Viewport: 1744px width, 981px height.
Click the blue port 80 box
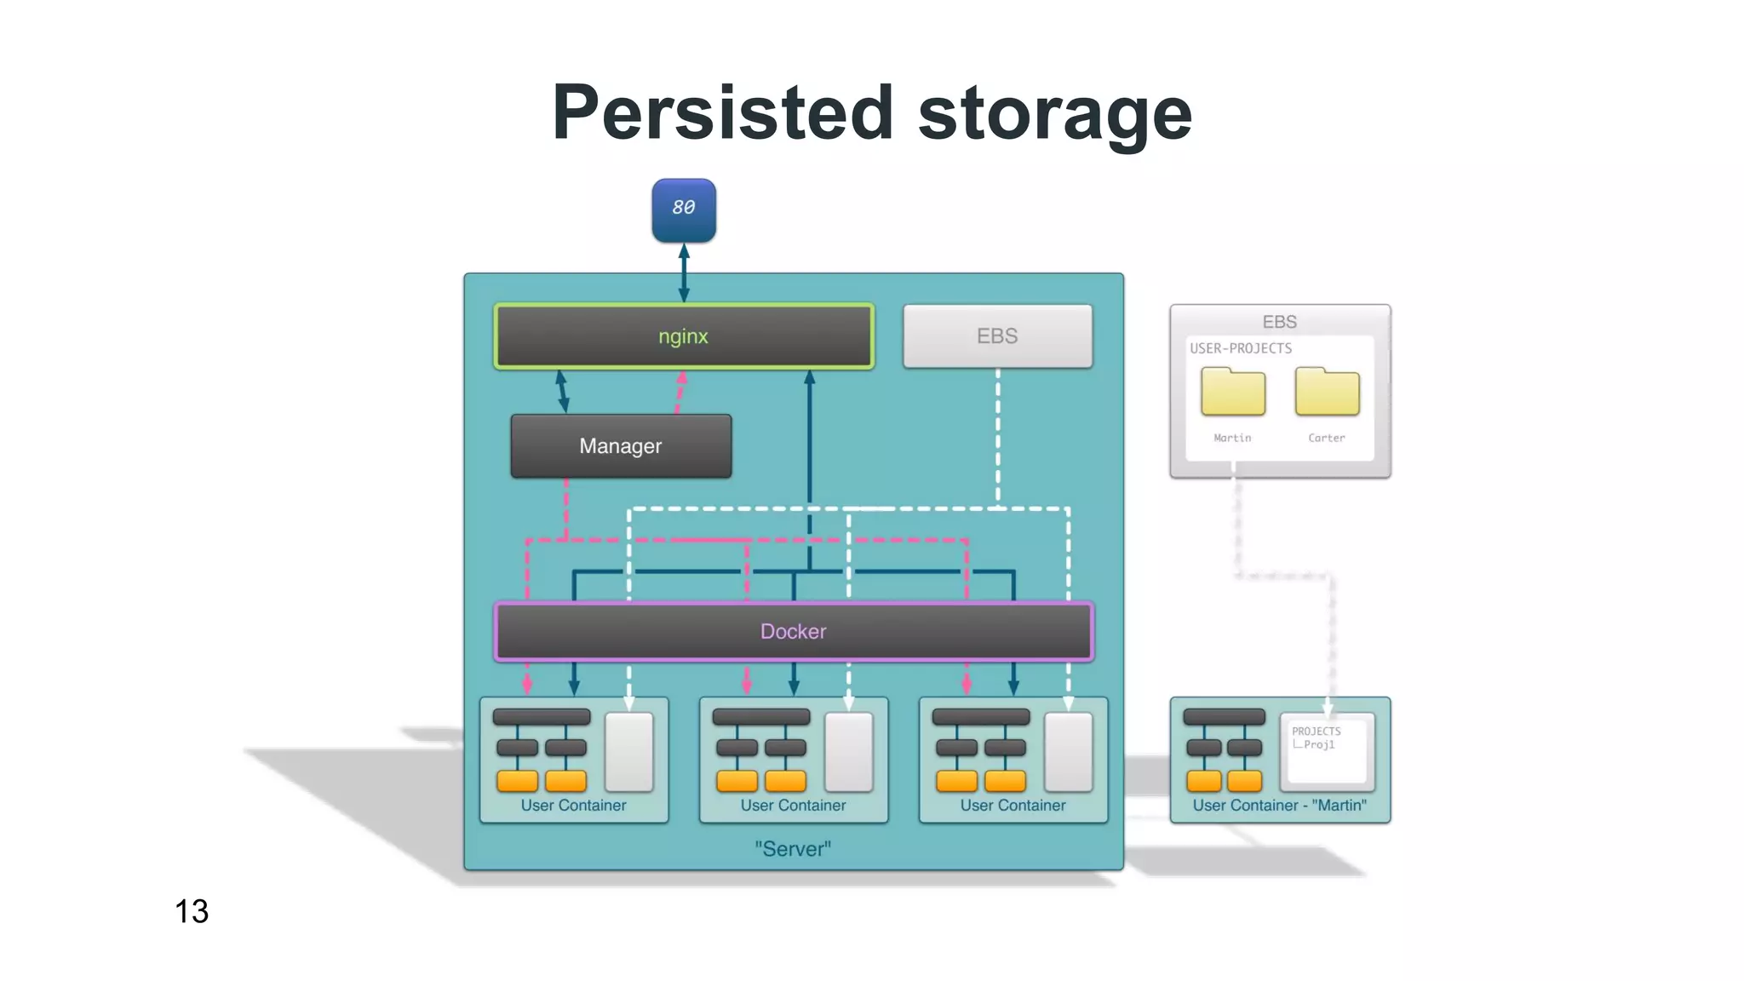[683, 209]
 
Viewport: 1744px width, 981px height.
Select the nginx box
[683, 336]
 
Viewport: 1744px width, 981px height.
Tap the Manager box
[620, 446]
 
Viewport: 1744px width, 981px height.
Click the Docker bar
[793, 631]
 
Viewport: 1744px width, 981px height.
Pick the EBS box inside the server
[997, 336]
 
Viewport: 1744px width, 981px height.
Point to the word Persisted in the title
[722, 113]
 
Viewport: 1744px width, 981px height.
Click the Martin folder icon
[1232, 392]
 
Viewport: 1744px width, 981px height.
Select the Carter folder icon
[1326, 392]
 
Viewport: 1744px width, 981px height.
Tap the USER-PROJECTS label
[1240, 348]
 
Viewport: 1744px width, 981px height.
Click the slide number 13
[192, 911]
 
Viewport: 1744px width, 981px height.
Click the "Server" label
[793, 849]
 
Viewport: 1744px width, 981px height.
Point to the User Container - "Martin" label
[1279, 806]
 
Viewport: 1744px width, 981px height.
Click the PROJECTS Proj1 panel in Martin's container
[1326, 748]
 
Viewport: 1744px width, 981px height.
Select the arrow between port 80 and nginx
[683, 272]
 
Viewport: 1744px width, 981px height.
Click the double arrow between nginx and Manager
[562, 391]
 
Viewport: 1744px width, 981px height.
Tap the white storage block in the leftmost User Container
[628, 752]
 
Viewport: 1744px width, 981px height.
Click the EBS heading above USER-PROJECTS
[1279, 322]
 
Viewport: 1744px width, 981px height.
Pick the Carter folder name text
[1326, 438]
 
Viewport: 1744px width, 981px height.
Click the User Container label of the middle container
[793, 806]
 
